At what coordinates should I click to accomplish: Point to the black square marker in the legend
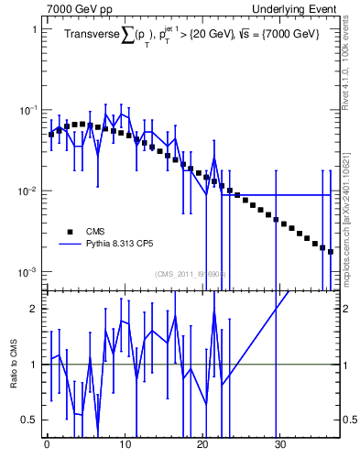tap(69, 232)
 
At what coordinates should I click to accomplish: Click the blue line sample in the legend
tap(69, 245)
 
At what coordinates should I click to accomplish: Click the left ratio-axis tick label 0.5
tap(27, 420)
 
